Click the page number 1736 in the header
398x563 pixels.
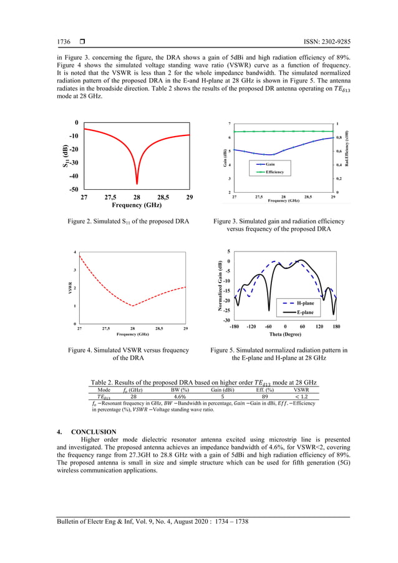[x=64, y=42]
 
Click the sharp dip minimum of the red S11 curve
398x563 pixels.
[x=137, y=183]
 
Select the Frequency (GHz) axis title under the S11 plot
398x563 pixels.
[x=137, y=205]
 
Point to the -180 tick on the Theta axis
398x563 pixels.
[x=235, y=326]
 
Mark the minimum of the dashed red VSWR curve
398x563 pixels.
[x=132, y=306]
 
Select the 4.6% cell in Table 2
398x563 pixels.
[x=179, y=396]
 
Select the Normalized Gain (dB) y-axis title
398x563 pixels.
[x=220, y=286]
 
